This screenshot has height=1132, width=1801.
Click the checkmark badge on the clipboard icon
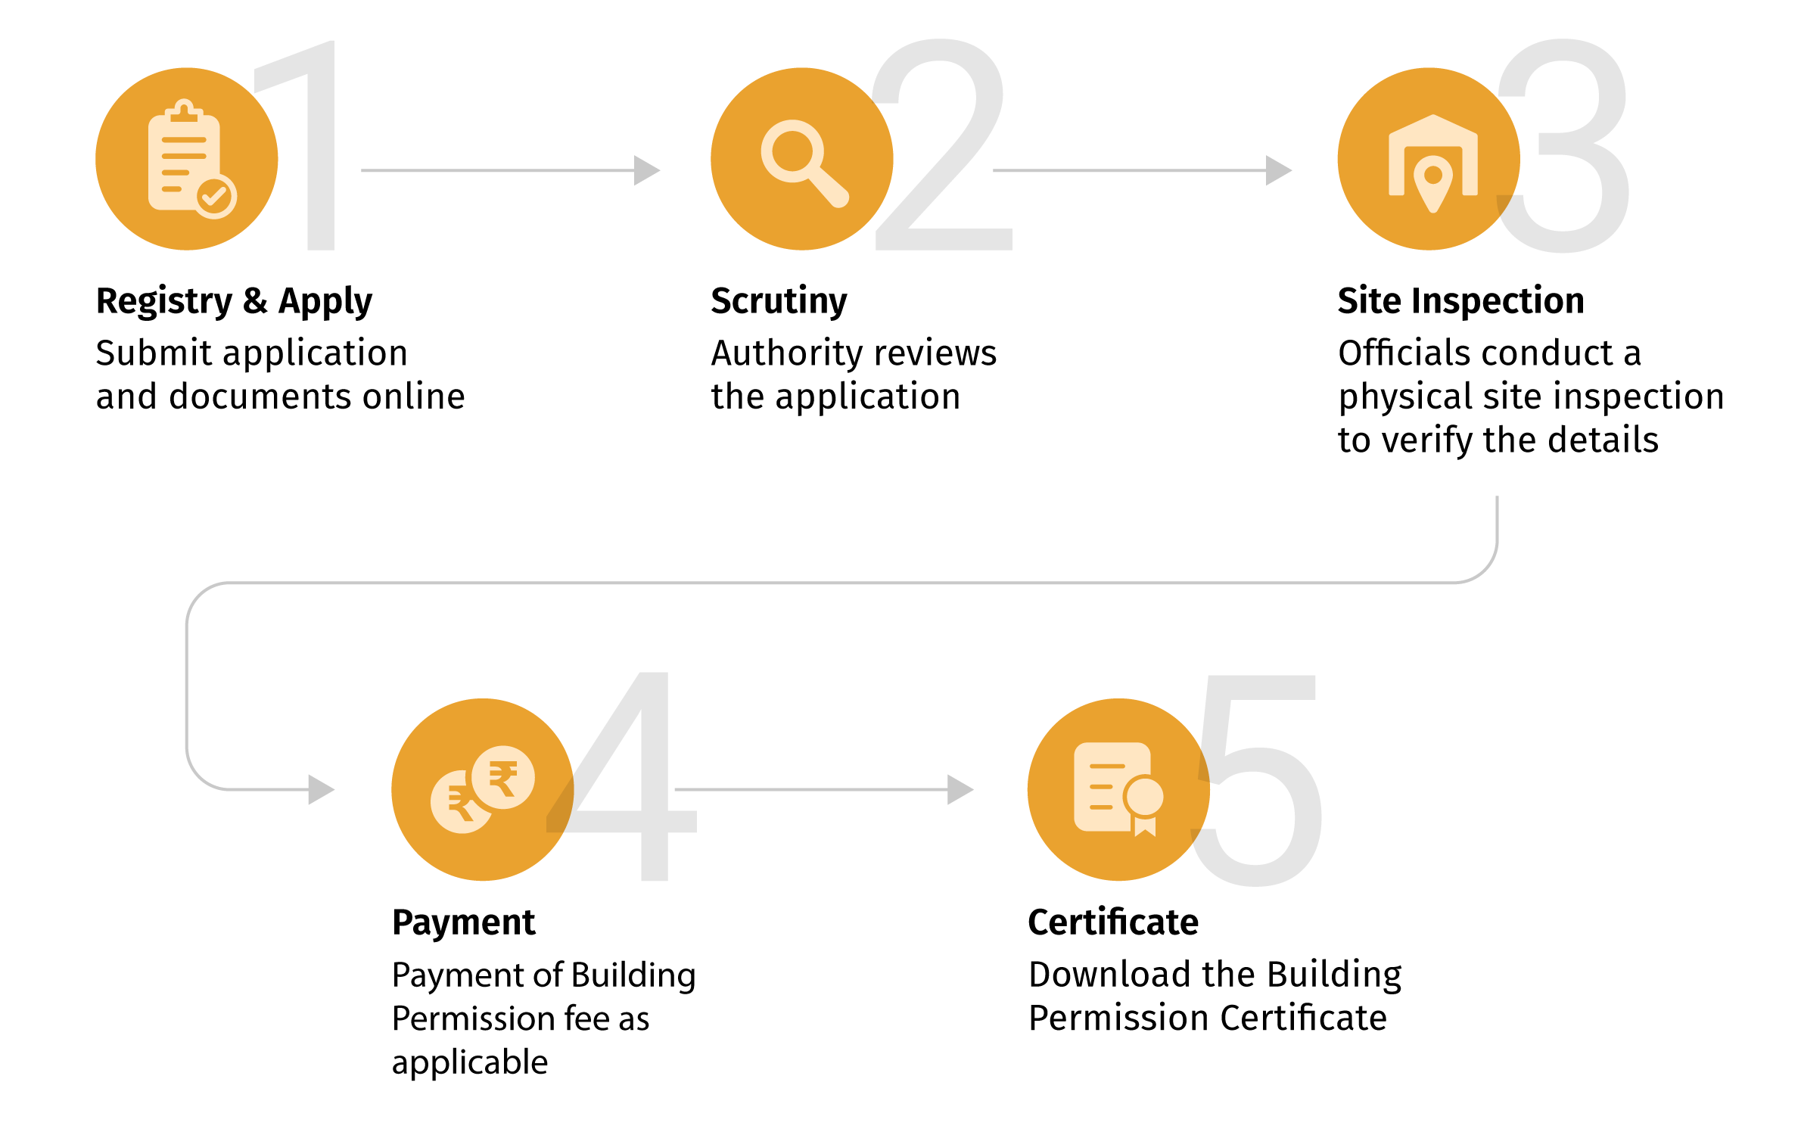tap(216, 197)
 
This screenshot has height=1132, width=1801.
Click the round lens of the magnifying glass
tap(792, 151)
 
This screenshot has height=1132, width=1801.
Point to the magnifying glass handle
tap(829, 188)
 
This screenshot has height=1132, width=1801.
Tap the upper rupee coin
tap(503, 777)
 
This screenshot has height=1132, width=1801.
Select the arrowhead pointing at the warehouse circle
tap(1278, 170)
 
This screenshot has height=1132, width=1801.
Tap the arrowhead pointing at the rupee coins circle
tap(321, 789)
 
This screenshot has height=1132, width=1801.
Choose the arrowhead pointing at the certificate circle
tap(960, 789)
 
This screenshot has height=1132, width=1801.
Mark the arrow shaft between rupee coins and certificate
tap(810, 789)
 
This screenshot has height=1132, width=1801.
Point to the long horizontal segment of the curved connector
tap(832, 583)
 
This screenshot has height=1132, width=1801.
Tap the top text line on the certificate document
tap(1107, 767)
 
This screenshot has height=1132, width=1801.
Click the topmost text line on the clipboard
tap(184, 140)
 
